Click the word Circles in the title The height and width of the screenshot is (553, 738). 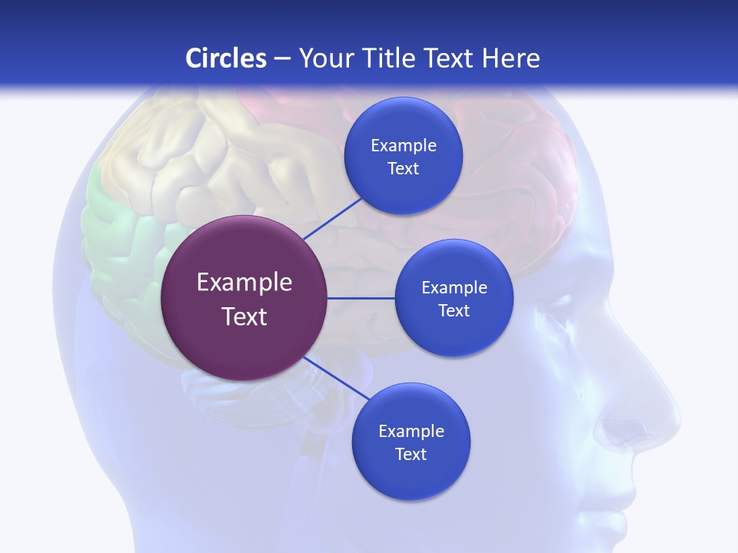point(226,58)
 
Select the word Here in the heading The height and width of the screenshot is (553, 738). point(510,58)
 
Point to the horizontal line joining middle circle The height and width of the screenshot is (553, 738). point(361,298)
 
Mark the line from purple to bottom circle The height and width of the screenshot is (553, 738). point(338,378)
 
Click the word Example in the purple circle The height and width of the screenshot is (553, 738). point(244,283)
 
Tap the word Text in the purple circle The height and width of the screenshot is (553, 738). point(244,316)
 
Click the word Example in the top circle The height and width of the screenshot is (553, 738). point(404,146)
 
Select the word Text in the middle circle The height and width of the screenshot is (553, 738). point(454,311)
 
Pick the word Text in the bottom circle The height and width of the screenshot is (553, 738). point(411,455)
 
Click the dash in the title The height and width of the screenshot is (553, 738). point(281,58)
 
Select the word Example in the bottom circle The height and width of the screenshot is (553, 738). point(411,432)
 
